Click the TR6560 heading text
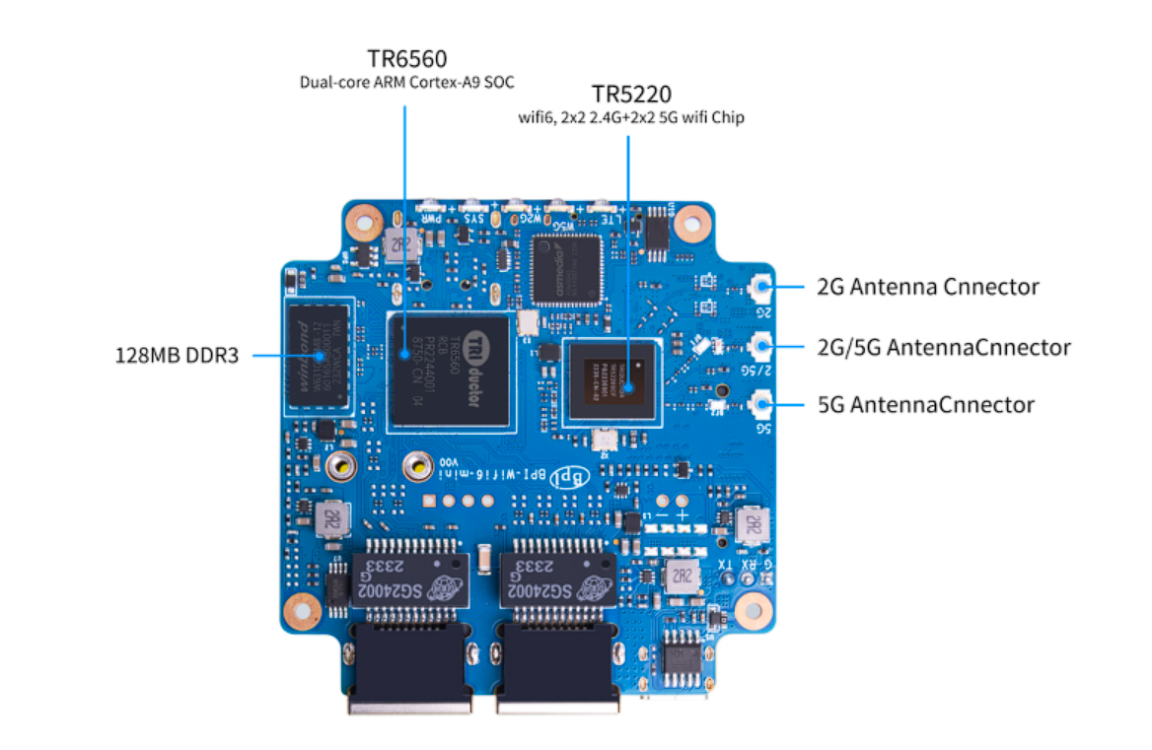pyautogui.click(x=406, y=59)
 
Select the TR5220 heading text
pyautogui.click(x=631, y=95)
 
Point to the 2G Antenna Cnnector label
pyautogui.click(x=927, y=287)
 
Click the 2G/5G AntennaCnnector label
pyautogui.click(x=943, y=347)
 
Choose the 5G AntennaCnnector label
pyautogui.click(x=925, y=405)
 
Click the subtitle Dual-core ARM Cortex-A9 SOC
pyautogui.click(x=406, y=82)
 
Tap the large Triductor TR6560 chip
pyautogui.click(x=451, y=372)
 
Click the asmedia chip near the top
pyautogui.click(x=565, y=268)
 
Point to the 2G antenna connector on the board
pyautogui.click(x=760, y=288)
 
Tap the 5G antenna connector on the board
pyautogui.click(x=760, y=404)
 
